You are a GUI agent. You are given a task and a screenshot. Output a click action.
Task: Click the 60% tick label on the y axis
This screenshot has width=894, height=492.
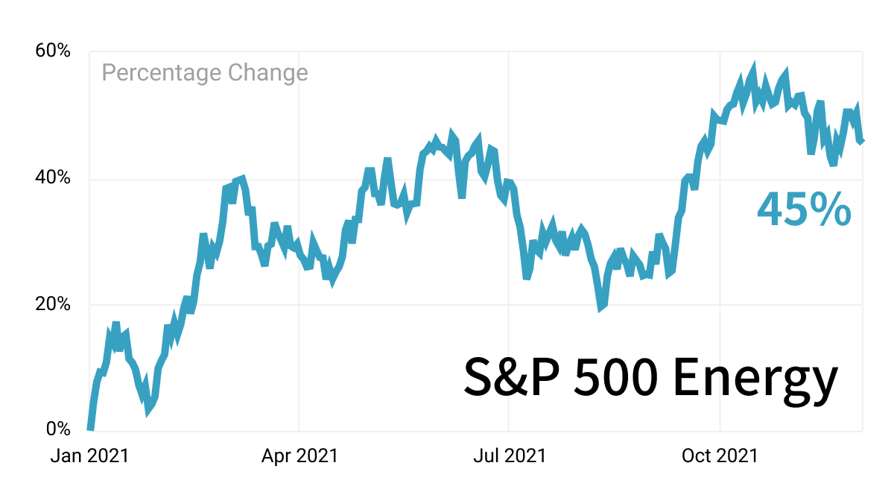point(53,51)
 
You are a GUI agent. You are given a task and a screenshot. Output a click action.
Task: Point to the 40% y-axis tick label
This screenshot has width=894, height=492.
point(53,177)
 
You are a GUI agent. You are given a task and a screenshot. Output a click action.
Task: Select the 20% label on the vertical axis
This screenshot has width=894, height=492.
point(53,304)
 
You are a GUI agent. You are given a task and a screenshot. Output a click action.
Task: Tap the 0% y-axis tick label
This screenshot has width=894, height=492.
point(58,429)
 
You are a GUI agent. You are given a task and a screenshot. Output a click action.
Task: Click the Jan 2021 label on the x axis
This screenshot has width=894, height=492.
point(90,455)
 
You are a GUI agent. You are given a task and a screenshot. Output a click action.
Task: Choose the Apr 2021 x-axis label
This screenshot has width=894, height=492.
point(299,455)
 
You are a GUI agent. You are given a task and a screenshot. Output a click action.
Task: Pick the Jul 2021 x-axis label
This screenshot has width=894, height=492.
point(510,455)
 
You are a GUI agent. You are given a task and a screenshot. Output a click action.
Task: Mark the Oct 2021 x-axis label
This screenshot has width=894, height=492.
point(720,455)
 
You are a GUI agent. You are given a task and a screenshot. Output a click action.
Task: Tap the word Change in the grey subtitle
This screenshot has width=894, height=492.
point(268,74)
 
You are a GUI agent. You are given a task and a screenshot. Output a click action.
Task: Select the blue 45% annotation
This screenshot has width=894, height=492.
point(804,209)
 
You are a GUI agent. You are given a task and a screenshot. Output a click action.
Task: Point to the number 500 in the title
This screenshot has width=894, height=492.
point(615,377)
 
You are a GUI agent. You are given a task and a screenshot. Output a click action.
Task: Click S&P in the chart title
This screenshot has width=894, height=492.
point(512,376)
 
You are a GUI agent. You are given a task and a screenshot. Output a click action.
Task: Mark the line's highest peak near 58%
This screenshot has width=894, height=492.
point(754,64)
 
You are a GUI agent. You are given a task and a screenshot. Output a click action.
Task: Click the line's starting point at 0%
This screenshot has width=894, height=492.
point(90,429)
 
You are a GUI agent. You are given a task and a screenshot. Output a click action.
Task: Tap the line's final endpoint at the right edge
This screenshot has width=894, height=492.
point(862,141)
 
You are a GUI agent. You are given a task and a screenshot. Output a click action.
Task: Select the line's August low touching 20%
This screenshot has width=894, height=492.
point(600,309)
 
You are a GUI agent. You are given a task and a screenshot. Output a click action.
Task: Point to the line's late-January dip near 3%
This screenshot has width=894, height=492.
point(148,413)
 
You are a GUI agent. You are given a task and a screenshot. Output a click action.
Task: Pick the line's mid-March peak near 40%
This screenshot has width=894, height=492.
point(243,177)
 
